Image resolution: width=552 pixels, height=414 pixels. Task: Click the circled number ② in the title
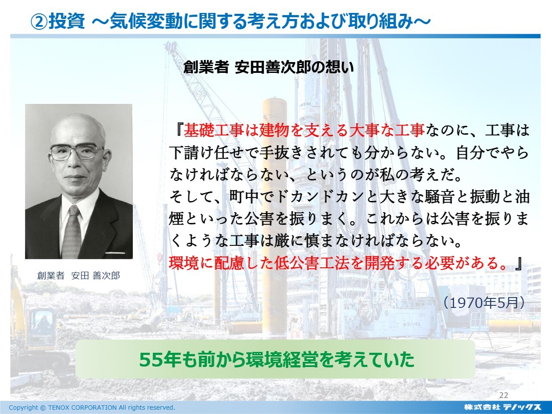(x=39, y=21)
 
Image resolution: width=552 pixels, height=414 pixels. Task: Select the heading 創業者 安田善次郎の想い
(x=268, y=67)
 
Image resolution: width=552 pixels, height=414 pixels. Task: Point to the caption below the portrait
(x=78, y=276)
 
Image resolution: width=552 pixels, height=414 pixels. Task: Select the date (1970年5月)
(x=483, y=303)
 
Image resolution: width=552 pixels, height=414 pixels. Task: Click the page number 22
(x=503, y=395)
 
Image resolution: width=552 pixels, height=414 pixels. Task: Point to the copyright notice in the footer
(x=92, y=408)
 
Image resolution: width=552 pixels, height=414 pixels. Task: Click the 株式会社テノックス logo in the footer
(x=503, y=407)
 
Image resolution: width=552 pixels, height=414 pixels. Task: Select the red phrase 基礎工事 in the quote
(x=214, y=130)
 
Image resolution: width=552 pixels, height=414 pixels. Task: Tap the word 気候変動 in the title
(x=146, y=21)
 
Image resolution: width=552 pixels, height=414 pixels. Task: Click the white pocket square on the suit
(x=115, y=253)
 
